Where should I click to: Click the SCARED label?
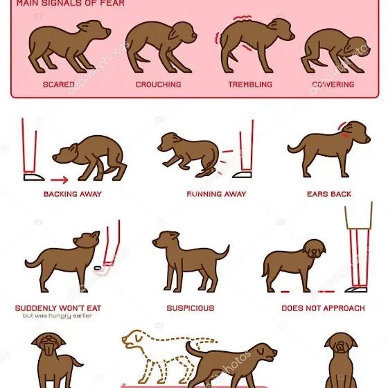pos(59,85)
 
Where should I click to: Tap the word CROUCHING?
pos(159,85)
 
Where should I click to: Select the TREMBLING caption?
pos(250,85)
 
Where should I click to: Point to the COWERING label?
pos(333,85)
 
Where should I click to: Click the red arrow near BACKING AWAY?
pos(60,179)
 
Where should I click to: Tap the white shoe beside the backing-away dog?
pos(34,177)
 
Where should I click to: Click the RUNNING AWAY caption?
pos(216,194)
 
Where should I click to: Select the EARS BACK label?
pos(329,194)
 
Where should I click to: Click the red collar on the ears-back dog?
pos(346,135)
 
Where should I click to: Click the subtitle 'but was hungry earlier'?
pos(58,316)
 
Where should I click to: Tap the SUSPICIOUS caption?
pos(191,308)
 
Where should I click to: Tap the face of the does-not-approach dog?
pos(314,249)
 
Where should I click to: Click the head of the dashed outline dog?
pos(132,339)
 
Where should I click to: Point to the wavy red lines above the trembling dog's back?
pos(242,17)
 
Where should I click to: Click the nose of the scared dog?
pos(109,31)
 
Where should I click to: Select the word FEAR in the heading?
pos(112,3)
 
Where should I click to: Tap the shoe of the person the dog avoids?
pos(356,290)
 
